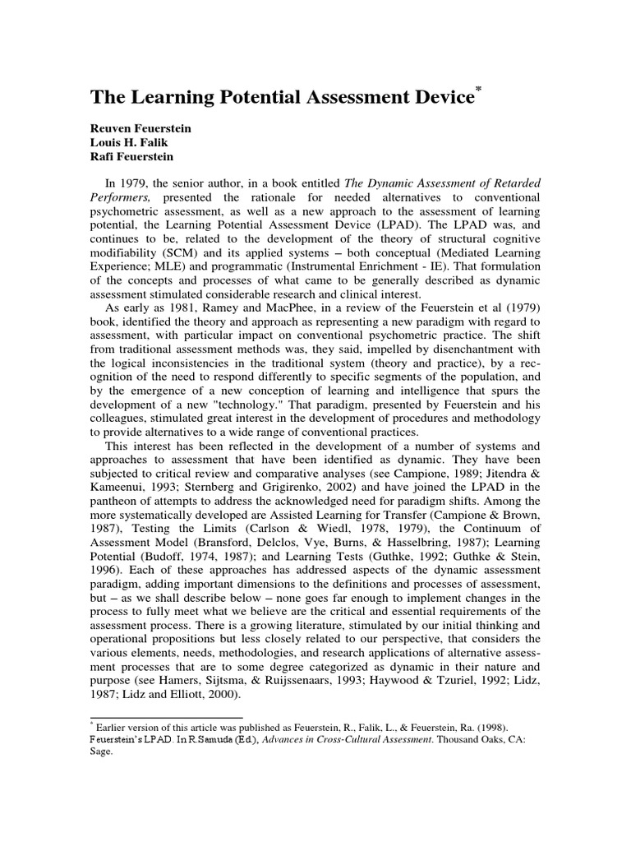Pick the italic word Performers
click(123, 198)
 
